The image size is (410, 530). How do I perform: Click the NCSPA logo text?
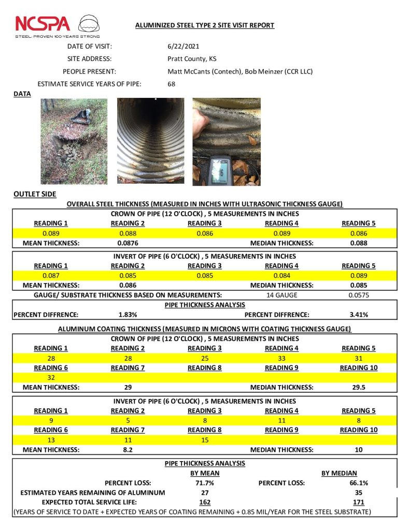coord(43,24)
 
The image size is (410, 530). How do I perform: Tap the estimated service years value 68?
coord(172,83)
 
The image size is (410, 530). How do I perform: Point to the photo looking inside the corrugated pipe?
coord(150,141)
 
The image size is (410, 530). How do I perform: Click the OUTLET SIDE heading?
coord(35,194)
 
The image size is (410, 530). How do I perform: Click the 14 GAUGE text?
coord(280,295)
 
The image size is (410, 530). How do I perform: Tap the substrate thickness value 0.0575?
coord(358,295)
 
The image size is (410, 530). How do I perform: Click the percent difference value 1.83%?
coord(128,314)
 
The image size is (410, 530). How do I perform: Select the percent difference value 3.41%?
coord(358,314)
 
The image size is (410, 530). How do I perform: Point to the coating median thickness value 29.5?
coord(358,387)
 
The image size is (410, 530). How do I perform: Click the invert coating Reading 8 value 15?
coord(205,440)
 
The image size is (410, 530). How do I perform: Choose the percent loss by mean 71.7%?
coord(205,483)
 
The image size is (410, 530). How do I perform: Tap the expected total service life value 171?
coord(358,503)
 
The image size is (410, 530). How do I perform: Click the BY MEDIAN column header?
coord(340,473)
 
